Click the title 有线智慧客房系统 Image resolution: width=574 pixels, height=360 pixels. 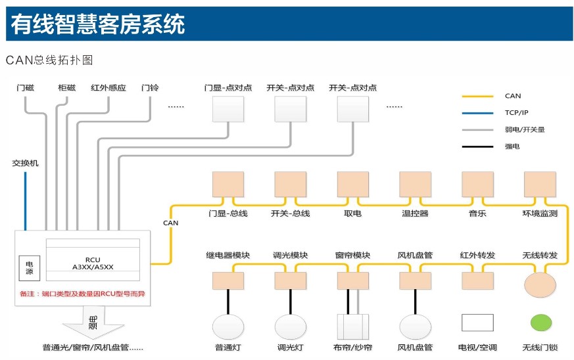(98, 24)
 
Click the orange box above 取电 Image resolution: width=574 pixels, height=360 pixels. (352, 184)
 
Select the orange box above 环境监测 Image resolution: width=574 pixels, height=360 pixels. (540, 184)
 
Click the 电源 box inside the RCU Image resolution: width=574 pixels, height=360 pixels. (29, 267)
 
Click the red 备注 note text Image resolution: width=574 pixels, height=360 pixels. (84, 294)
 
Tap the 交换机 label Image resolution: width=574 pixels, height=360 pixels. (25, 162)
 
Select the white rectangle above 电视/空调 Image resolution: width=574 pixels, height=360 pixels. (477, 323)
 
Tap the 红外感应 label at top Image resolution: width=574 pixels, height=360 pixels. (108, 88)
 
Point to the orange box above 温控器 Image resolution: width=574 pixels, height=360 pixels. (415, 184)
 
